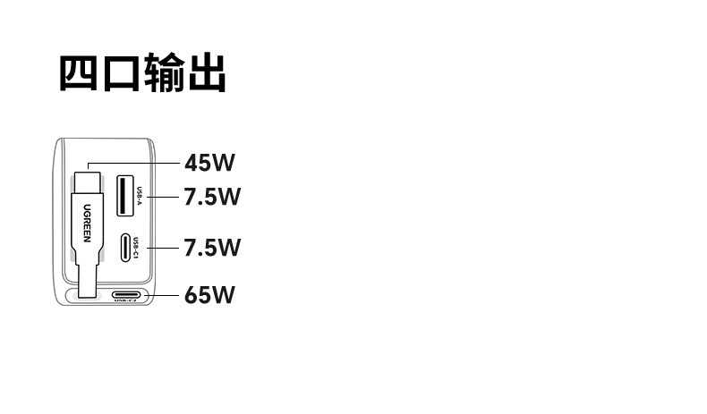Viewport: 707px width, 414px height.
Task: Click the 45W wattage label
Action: (x=209, y=163)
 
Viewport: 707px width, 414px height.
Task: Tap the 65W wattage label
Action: (x=209, y=295)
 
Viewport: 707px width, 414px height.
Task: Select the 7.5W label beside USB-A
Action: (x=212, y=197)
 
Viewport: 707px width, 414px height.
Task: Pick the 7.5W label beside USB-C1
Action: (x=212, y=248)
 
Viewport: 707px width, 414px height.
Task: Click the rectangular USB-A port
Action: (x=125, y=196)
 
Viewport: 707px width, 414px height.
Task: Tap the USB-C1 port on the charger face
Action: (x=126, y=248)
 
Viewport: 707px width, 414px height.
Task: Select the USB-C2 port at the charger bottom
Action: (x=126, y=295)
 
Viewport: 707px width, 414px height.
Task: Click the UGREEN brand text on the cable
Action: (x=87, y=223)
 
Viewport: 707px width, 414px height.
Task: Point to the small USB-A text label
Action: (x=140, y=196)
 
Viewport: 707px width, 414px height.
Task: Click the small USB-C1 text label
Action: (x=136, y=248)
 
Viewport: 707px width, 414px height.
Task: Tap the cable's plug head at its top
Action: (x=88, y=182)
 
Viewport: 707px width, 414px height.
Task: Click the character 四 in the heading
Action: (x=78, y=72)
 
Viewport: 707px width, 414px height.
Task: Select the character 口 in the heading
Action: (x=121, y=73)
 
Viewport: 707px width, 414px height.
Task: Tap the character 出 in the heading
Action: (x=207, y=72)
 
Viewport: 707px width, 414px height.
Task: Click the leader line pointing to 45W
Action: (x=133, y=163)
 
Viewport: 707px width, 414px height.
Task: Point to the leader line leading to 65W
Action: (x=162, y=295)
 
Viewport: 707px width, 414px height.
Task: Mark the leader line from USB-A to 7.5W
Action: (x=163, y=197)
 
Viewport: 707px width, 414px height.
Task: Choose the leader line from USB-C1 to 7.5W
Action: (x=163, y=248)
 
